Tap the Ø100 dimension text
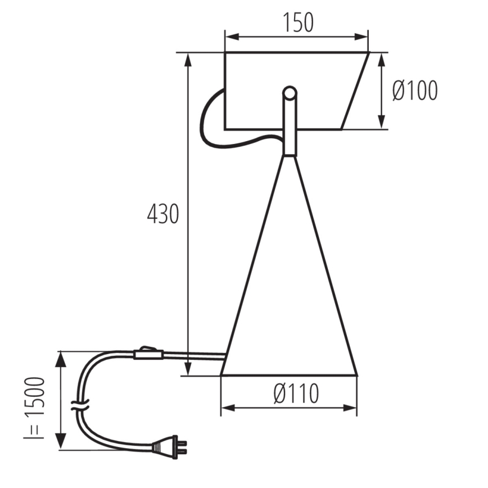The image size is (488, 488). [414, 91]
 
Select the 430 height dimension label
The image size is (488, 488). [163, 214]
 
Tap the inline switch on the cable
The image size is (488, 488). [148, 354]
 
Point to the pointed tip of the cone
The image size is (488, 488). [289, 157]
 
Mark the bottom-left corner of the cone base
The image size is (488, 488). [221, 374]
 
